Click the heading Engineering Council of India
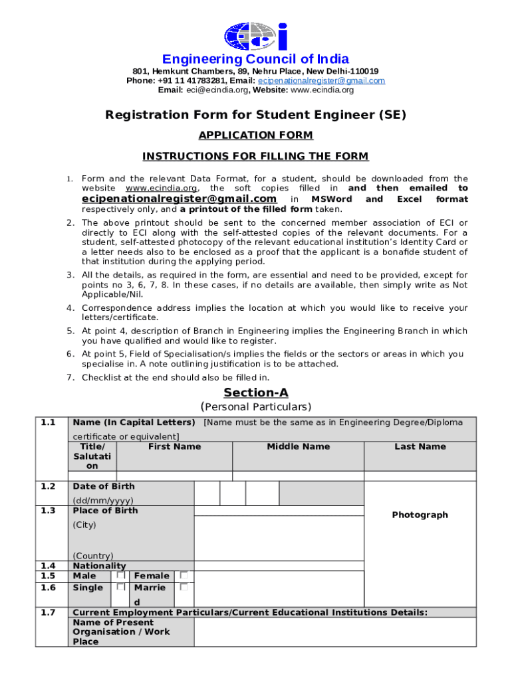pyautogui.click(x=256, y=59)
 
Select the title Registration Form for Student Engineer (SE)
pyautogui.click(x=256, y=115)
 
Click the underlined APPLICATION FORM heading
pyautogui.click(x=256, y=135)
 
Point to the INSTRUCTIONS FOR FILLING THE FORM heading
pyautogui.click(x=256, y=157)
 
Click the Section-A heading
pyautogui.click(x=256, y=392)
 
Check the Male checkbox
pyautogui.click(x=121, y=575)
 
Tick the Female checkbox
pyautogui.click(x=184, y=575)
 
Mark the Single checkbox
pyautogui.click(x=121, y=587)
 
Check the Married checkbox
pyautogui.click(x=184, y=587)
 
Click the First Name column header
pyautogui.click(x=174, y=447)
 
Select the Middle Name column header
pyautogui.click(x=298, y=447)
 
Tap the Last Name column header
pyautogui.click(x=420, y=447)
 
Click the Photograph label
pyautogui.click(x=420, y=515)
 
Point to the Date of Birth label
pyautogui.click(x=104, y=487)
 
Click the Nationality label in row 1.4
pyautogui.click(x=99, y=566)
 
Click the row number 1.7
pyautogui.click(x=47, y=612)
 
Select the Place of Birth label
pyautogui.click(x=105, y=511)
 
